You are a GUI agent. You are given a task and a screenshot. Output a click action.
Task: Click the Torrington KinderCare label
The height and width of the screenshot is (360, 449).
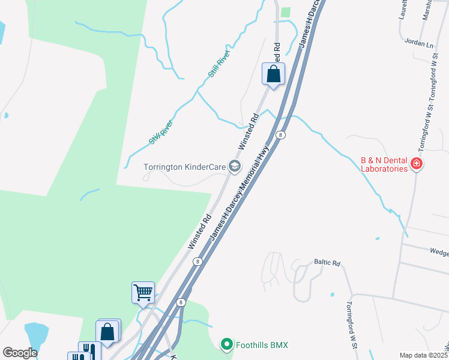[184, 166]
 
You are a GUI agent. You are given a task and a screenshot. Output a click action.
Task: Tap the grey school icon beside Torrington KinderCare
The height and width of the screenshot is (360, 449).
[235, 166]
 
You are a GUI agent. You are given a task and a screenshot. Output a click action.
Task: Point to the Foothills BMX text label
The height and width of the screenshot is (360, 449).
[262, 345]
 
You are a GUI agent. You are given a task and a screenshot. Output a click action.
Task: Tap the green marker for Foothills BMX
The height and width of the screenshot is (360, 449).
[226, 344]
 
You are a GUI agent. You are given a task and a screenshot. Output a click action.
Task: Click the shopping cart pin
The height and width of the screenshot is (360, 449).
[143, 293]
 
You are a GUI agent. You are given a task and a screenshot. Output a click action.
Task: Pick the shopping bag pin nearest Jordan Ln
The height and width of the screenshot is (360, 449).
[273, 74]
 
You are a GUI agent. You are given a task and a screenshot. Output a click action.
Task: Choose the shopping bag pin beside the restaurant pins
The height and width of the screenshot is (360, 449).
[107, 331]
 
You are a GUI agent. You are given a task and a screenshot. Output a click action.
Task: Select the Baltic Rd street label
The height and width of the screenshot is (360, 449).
[327, 263]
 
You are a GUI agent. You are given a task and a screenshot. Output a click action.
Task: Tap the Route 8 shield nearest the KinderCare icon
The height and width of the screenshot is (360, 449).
[280, 136]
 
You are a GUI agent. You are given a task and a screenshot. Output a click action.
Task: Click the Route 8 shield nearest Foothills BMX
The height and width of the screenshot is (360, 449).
[181, 303]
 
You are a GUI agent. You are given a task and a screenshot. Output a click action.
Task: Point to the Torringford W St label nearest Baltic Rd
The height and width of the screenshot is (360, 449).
[351, 322]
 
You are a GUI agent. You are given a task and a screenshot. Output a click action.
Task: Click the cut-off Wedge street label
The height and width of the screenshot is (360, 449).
[439, 253]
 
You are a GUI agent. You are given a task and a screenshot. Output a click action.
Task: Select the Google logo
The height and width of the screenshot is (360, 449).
[20, 353]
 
